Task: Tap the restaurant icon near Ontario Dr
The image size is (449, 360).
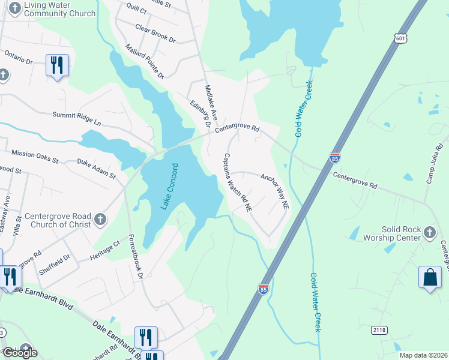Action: click(x=57, y=64)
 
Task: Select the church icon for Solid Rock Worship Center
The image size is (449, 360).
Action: click(x=429, y=232)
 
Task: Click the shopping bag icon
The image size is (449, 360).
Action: click(x=430, y=277)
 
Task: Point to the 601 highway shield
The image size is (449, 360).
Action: click(x=401, y=38)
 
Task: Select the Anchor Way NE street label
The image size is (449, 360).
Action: click(x=275, y=191)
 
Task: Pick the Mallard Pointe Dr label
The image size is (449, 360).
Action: click(x=144, y=61)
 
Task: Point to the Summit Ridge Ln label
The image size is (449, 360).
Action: click(x=77, y=118)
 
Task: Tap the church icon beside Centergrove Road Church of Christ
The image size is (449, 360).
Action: click(x=100, y=220)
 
